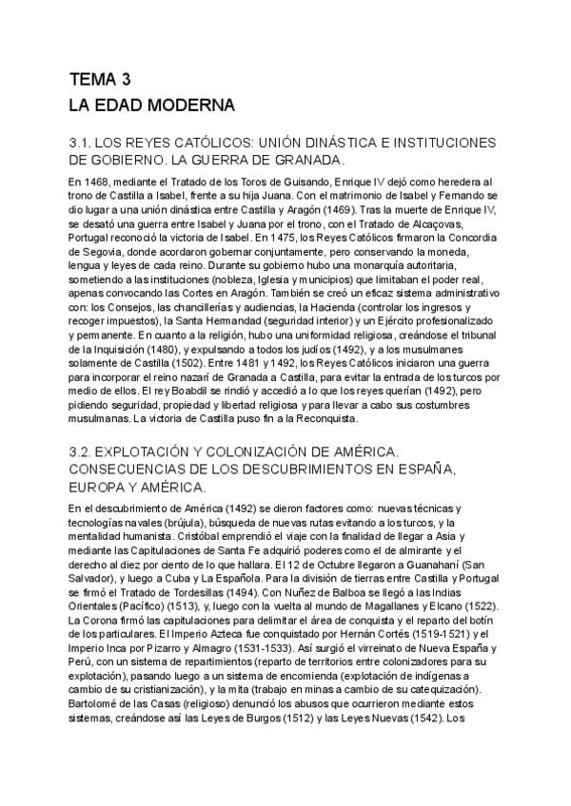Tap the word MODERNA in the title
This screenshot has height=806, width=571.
click(x=193, y=103)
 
